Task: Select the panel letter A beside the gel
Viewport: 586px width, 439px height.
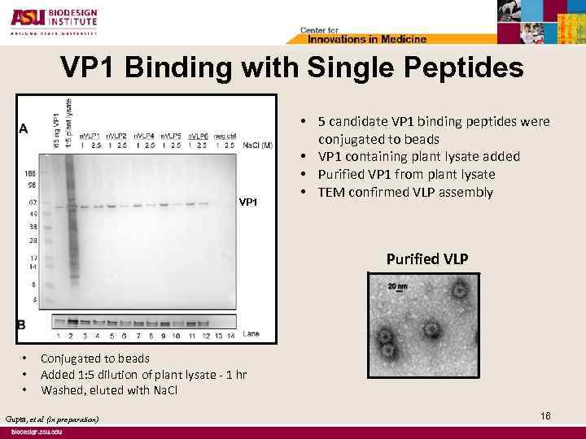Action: pos(24,128)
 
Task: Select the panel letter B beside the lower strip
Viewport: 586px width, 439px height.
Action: pos(23,324)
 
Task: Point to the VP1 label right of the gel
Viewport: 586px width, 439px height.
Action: pos(249,202)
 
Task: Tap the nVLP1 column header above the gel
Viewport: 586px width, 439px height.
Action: pos(90,136)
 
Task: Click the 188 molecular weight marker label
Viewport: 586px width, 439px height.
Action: pos(29,173)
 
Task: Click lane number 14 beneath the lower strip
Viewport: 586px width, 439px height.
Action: pos(231,335)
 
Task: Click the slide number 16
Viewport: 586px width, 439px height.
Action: pos(545,415)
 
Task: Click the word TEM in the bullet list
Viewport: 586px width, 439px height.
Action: pos(332,193)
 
